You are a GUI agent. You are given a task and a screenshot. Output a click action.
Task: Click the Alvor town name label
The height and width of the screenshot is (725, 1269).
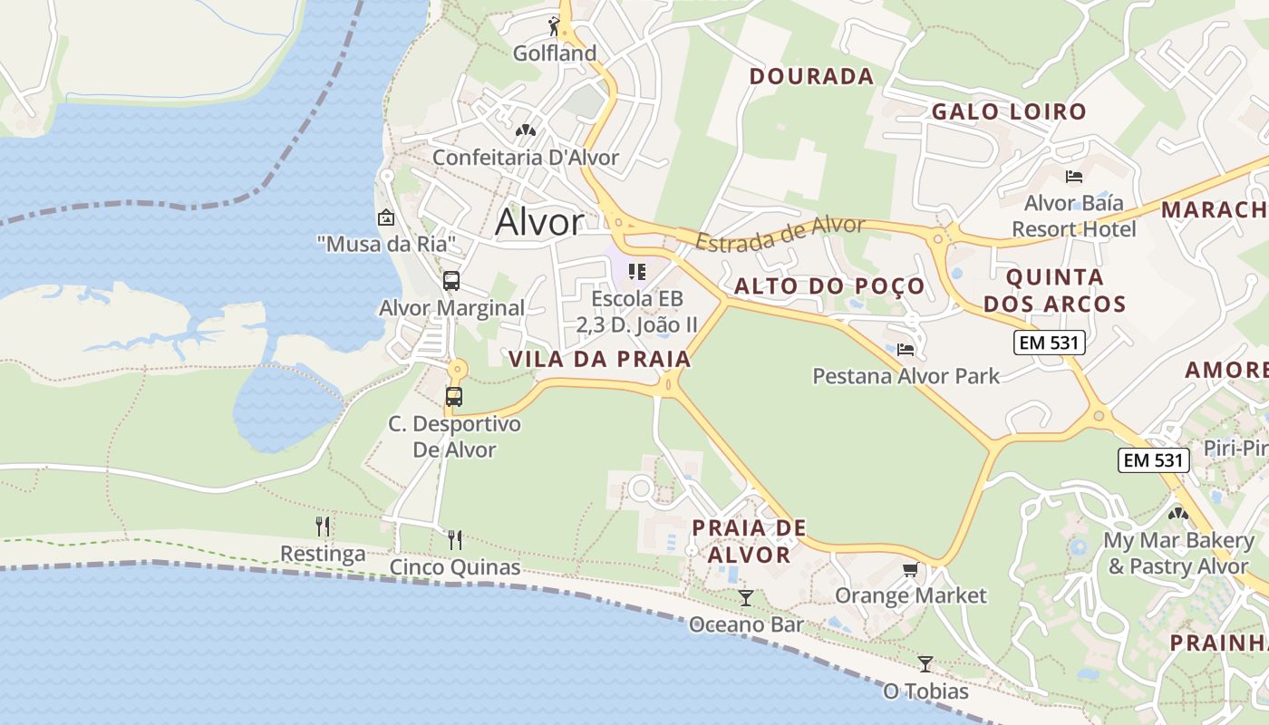[x=539, y=223]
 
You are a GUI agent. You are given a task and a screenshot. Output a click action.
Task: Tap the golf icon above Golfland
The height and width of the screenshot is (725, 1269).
[x=554, y=26]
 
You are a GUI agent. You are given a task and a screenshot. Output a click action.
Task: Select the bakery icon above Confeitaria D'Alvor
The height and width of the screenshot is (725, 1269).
[x=525, y=131]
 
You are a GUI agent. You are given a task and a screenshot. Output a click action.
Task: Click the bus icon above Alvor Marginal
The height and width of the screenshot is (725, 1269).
[x=451, y=281]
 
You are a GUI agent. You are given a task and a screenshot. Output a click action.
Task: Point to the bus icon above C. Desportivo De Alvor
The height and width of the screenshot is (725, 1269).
[x=454, y=397]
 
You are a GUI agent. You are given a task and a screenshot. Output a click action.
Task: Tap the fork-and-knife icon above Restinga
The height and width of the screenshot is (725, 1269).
[x=323, y=527]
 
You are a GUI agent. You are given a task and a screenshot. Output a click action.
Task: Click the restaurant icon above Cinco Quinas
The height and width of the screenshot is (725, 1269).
[x=455, y=540]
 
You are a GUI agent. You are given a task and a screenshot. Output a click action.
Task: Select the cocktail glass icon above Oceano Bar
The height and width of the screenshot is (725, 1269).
[x=746, y=598]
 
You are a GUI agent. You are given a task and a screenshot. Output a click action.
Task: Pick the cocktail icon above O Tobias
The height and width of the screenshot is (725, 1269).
[x=925, y=664]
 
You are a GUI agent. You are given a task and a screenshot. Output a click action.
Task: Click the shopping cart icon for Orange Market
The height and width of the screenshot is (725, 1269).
[x=910, y=569]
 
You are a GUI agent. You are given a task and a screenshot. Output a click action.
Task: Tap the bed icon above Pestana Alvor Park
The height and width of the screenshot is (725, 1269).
[x=906, y=349]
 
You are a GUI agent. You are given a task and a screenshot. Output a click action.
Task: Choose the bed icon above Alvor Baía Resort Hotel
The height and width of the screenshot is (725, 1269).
[x=1074, y=176]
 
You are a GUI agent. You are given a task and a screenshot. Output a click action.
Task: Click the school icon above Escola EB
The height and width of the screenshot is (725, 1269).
[x=637, y=272]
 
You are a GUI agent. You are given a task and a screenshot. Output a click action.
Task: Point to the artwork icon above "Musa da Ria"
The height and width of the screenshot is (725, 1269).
[x=385, y=217]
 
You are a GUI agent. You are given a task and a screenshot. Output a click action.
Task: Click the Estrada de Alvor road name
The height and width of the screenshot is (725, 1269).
[x=780, y=233]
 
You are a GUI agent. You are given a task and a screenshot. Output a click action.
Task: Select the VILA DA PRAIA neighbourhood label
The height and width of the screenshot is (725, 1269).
[x=600, y=359]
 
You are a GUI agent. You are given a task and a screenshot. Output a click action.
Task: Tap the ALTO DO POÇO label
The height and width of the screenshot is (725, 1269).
[x=829, y=286]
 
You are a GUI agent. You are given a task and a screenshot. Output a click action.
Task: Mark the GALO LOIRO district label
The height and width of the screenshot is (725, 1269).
[x=1009, y=111]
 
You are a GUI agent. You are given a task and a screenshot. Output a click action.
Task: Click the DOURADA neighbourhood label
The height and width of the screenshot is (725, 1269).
[x=811, y=76]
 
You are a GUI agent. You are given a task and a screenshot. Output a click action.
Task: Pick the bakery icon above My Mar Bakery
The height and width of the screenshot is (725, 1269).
[x=1178, y=514]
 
